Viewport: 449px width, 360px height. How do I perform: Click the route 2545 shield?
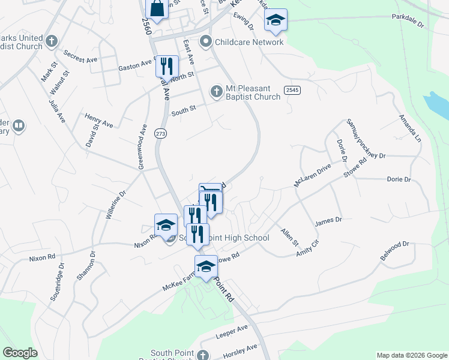point(292,90)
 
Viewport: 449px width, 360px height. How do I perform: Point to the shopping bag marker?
point(157,9)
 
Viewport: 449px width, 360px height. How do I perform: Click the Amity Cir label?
point(307,251)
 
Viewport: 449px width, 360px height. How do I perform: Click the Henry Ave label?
point(99,120)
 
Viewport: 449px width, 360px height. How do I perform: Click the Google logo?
point(20,353)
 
